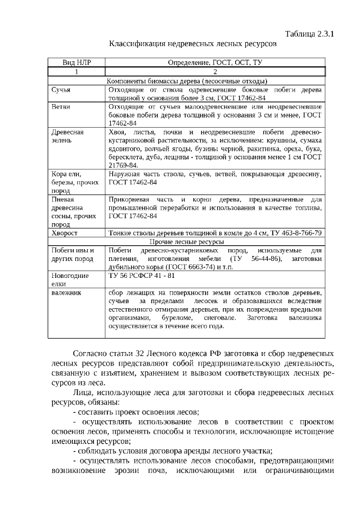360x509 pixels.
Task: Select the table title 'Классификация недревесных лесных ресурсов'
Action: point(193,43)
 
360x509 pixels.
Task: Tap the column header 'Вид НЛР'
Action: point(76,62)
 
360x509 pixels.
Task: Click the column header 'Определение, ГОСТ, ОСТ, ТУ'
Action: point(214,62)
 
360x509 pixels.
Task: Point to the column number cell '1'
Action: point(76,71)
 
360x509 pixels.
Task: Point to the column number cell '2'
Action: point(214,71)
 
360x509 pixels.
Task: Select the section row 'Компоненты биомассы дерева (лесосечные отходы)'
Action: point(187,80)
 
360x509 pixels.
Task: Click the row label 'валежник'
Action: point(66,292)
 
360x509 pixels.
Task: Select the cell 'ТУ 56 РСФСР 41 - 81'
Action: point(142,276)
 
